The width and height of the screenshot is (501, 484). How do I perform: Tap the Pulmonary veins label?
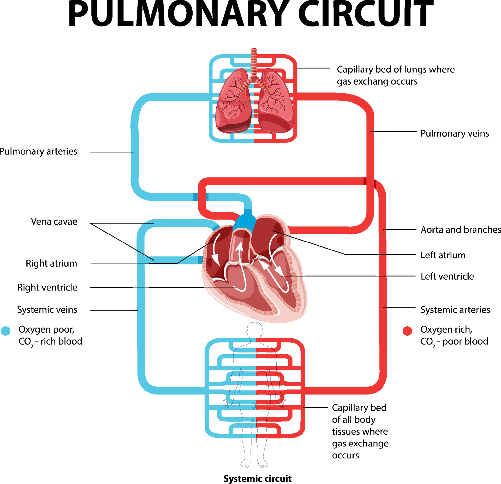[455, 134]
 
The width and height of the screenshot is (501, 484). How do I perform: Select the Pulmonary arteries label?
[38, 152]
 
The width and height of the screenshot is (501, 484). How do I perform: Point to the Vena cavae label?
[54, 222]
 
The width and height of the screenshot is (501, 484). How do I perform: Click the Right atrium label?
[51, 263]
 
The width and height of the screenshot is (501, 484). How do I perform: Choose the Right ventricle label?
[47, 287]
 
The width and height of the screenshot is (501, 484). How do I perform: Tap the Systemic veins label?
[47, 310]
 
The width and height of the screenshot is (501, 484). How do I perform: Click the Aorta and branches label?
[461, 230]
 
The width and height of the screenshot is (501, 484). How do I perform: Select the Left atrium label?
[443, 255]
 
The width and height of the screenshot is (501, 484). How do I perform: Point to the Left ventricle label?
[447, 276]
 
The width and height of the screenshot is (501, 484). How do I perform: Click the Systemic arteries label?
[455, 310]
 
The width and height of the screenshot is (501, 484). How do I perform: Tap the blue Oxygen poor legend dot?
[5, 331]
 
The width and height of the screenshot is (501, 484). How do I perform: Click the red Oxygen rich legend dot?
[407, 331]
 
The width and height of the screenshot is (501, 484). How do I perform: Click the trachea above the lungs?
[254, 64]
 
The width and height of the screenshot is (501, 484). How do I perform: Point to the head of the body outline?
[255, 330]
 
